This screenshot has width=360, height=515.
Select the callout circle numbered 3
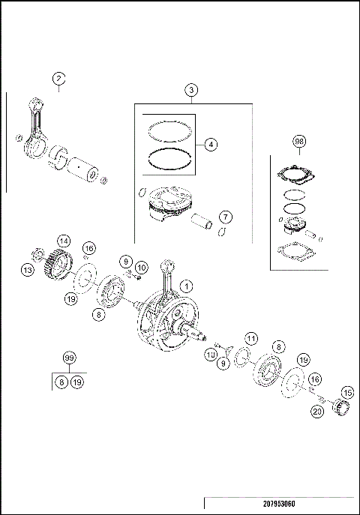tap(192, 90)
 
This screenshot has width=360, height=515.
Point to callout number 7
tap(225, 217)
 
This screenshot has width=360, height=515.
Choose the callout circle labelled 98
tap(299, 142)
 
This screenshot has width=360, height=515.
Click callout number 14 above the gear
tap(64, 241)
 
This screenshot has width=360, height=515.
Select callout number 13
tap(28, 270)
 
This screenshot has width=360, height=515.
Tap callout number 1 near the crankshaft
tap(187, 285)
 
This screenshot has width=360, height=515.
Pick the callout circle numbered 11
tap(252, 340)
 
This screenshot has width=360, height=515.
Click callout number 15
tap(346, 391)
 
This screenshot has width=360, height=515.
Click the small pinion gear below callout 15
tap(346, 409)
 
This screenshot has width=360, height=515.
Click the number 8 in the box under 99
tap(61, 382)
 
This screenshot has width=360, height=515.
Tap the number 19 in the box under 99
tap(76, 382)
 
